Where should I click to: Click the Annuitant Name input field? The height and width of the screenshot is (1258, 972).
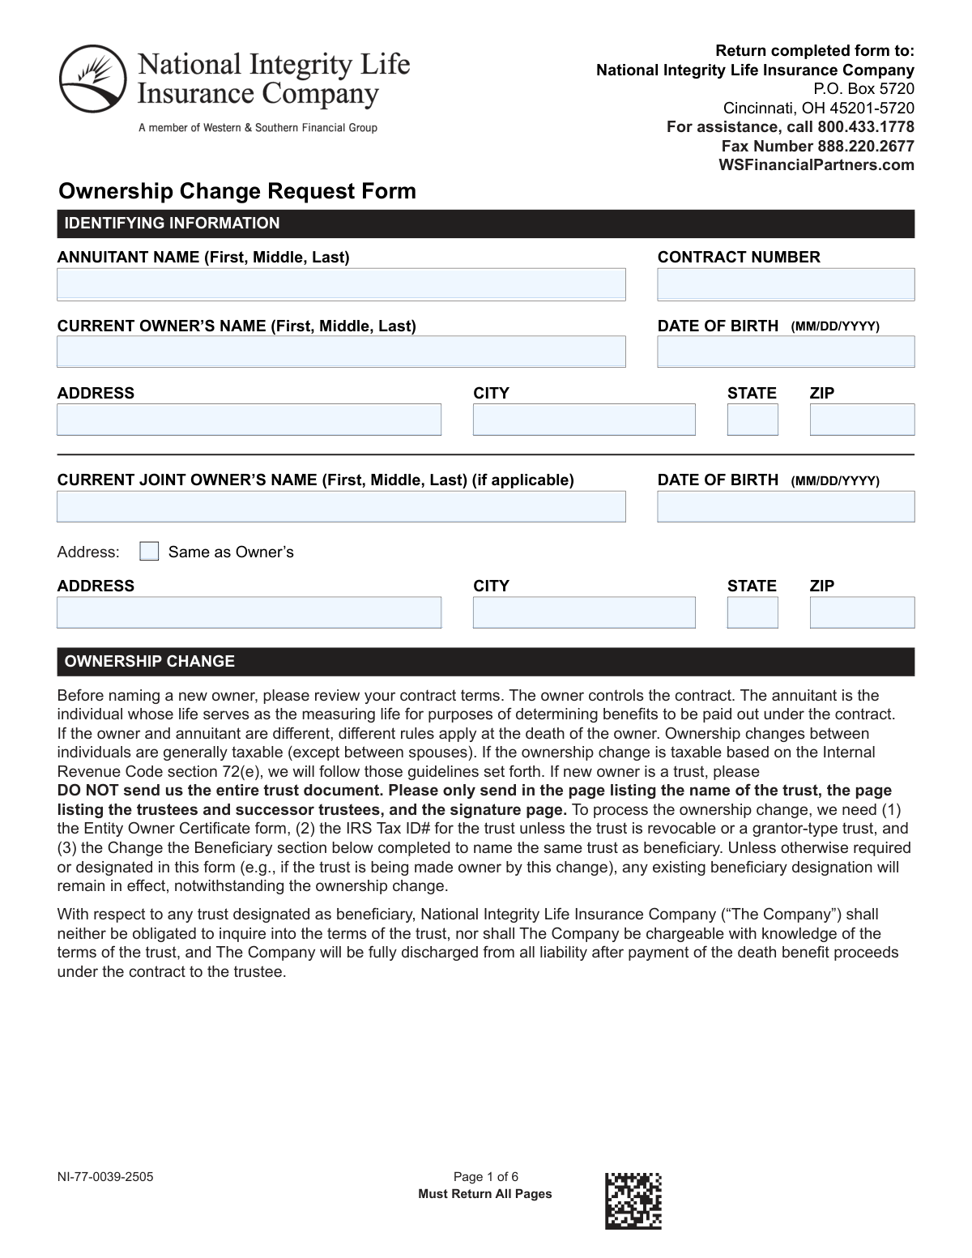pos(341,284)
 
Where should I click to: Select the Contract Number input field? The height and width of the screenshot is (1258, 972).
pos(786,284)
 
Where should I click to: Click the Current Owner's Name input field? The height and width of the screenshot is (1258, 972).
pos(341,352)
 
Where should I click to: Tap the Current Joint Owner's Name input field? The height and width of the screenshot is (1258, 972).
pos(341,506)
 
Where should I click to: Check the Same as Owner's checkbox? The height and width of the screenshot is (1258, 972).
pos(149,552)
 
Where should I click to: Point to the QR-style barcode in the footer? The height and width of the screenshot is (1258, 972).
pos(633,1200)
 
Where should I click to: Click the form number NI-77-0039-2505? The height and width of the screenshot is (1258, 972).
pos(105,1177)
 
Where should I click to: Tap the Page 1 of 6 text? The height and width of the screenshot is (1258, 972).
pos(485,1177)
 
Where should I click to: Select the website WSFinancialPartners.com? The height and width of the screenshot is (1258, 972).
pos(816,164)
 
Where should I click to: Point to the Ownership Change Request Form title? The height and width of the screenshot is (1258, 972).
pos(237,191)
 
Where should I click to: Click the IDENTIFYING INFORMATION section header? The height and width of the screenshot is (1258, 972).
pos(172,223)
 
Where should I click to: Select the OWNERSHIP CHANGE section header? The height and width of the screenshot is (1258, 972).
pos(150,661)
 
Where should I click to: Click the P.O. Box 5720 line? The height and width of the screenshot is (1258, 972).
pos(863,89)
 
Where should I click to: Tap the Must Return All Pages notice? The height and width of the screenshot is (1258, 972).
pos(484,1194)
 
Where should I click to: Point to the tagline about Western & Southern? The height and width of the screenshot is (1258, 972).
pos(258,128)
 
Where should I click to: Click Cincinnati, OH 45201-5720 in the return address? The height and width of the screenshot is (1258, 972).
pos(818,108)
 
